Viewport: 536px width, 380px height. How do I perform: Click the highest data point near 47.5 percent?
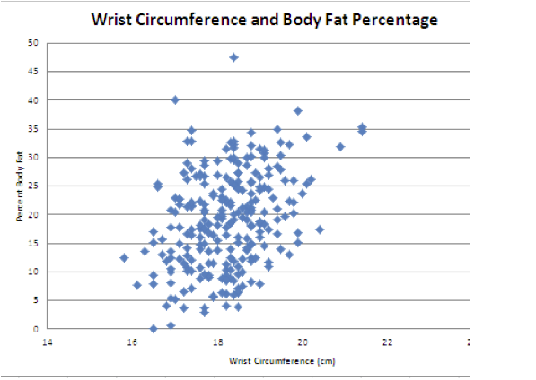pos(233,57)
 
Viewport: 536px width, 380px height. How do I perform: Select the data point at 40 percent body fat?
pos(175,99)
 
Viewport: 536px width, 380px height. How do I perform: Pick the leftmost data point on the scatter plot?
pos(124,258)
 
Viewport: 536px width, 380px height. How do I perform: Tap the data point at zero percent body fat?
pos(154,329)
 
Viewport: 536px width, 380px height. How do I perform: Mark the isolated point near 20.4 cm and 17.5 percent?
pos(320,229)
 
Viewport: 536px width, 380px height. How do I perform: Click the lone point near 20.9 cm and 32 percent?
pos(340,147)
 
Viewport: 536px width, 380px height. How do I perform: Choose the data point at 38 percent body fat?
pos(298,111)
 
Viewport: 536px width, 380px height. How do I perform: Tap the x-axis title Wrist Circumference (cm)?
pos(271,361)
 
